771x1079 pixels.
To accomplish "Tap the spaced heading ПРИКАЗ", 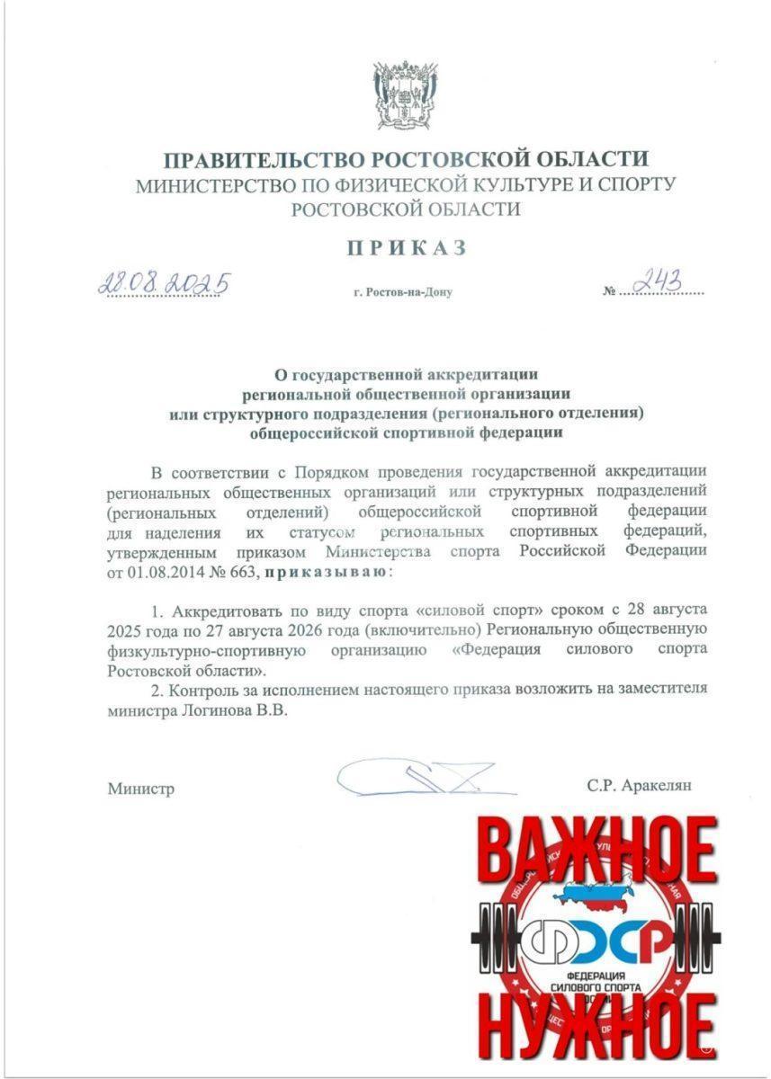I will coord(408,249).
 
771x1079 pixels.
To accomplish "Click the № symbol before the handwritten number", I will coord(612,291).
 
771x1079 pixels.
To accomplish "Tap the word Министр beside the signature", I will coord(141,789).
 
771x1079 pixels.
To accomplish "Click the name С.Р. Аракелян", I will coord(639,785).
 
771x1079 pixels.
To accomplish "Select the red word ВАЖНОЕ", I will coord(597,850).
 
